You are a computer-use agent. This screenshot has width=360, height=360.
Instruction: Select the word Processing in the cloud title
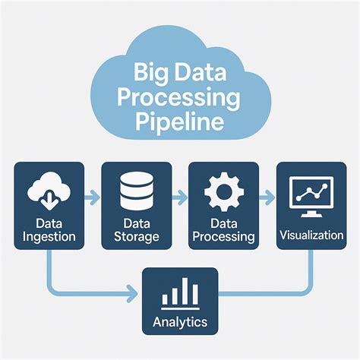click(179, 99)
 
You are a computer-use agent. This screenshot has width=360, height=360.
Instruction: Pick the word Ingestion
click(49, 236)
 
